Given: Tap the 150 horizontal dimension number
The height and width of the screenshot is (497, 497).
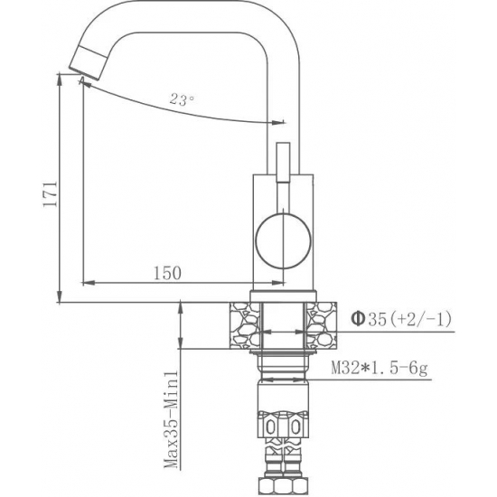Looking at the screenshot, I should (x=168, y=272).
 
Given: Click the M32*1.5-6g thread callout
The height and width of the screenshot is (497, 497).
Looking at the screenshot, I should (x=378, y=369).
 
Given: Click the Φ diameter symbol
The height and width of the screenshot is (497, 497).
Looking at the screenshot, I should (x=357, y=318).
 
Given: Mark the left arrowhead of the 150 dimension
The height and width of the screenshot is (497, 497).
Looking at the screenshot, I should (x=87, y=281).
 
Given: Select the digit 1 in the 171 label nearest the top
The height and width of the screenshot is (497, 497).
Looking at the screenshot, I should (x=51, y=182).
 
